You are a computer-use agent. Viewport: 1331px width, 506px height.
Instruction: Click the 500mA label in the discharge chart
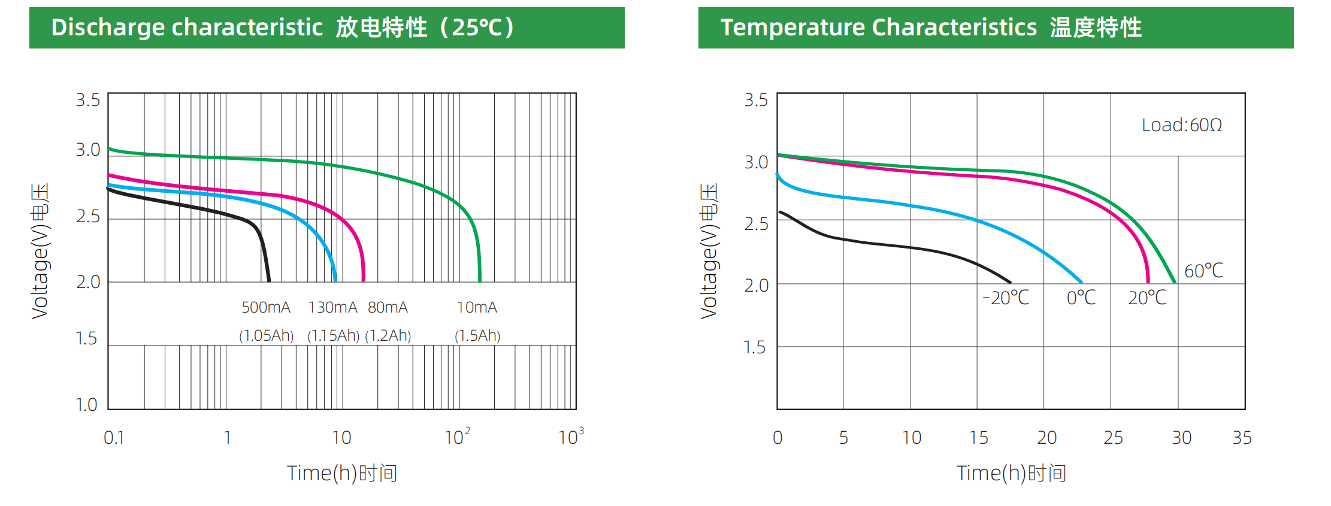[x=265, y=307]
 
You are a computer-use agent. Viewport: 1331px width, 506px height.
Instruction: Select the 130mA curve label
[x=332, y=307]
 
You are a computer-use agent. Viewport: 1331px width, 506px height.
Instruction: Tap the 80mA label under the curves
[x=388, y=307]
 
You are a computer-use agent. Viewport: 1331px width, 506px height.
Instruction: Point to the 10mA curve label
[x=477, y=307]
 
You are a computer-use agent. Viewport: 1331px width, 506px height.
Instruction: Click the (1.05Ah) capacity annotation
[x=266, y=335]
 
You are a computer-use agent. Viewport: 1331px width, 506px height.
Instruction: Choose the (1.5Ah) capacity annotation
[x=477, y=335]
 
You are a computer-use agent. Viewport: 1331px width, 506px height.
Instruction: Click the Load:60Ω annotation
[x=1181, y=125]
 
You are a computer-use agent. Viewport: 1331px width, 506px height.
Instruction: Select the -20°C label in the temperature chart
[x=1006, y=298]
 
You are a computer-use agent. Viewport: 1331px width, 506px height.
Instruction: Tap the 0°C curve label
[x=1081, y=298]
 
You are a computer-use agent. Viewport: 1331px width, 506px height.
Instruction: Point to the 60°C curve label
[x=1203, y=271]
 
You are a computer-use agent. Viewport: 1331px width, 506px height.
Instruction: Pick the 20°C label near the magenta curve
[x=1147, y=298]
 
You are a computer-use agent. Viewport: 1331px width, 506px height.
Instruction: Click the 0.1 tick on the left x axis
[x=114, y=438]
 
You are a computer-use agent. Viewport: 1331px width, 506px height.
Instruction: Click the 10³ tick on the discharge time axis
[x=570, y=437]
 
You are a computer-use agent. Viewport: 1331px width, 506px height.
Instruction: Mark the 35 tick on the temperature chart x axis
[x=1242, y=438]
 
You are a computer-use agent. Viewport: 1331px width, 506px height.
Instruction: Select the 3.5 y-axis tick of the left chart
[x=88, y=100]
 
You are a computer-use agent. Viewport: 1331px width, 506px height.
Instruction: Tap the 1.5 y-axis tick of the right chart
[x=755, y=347]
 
